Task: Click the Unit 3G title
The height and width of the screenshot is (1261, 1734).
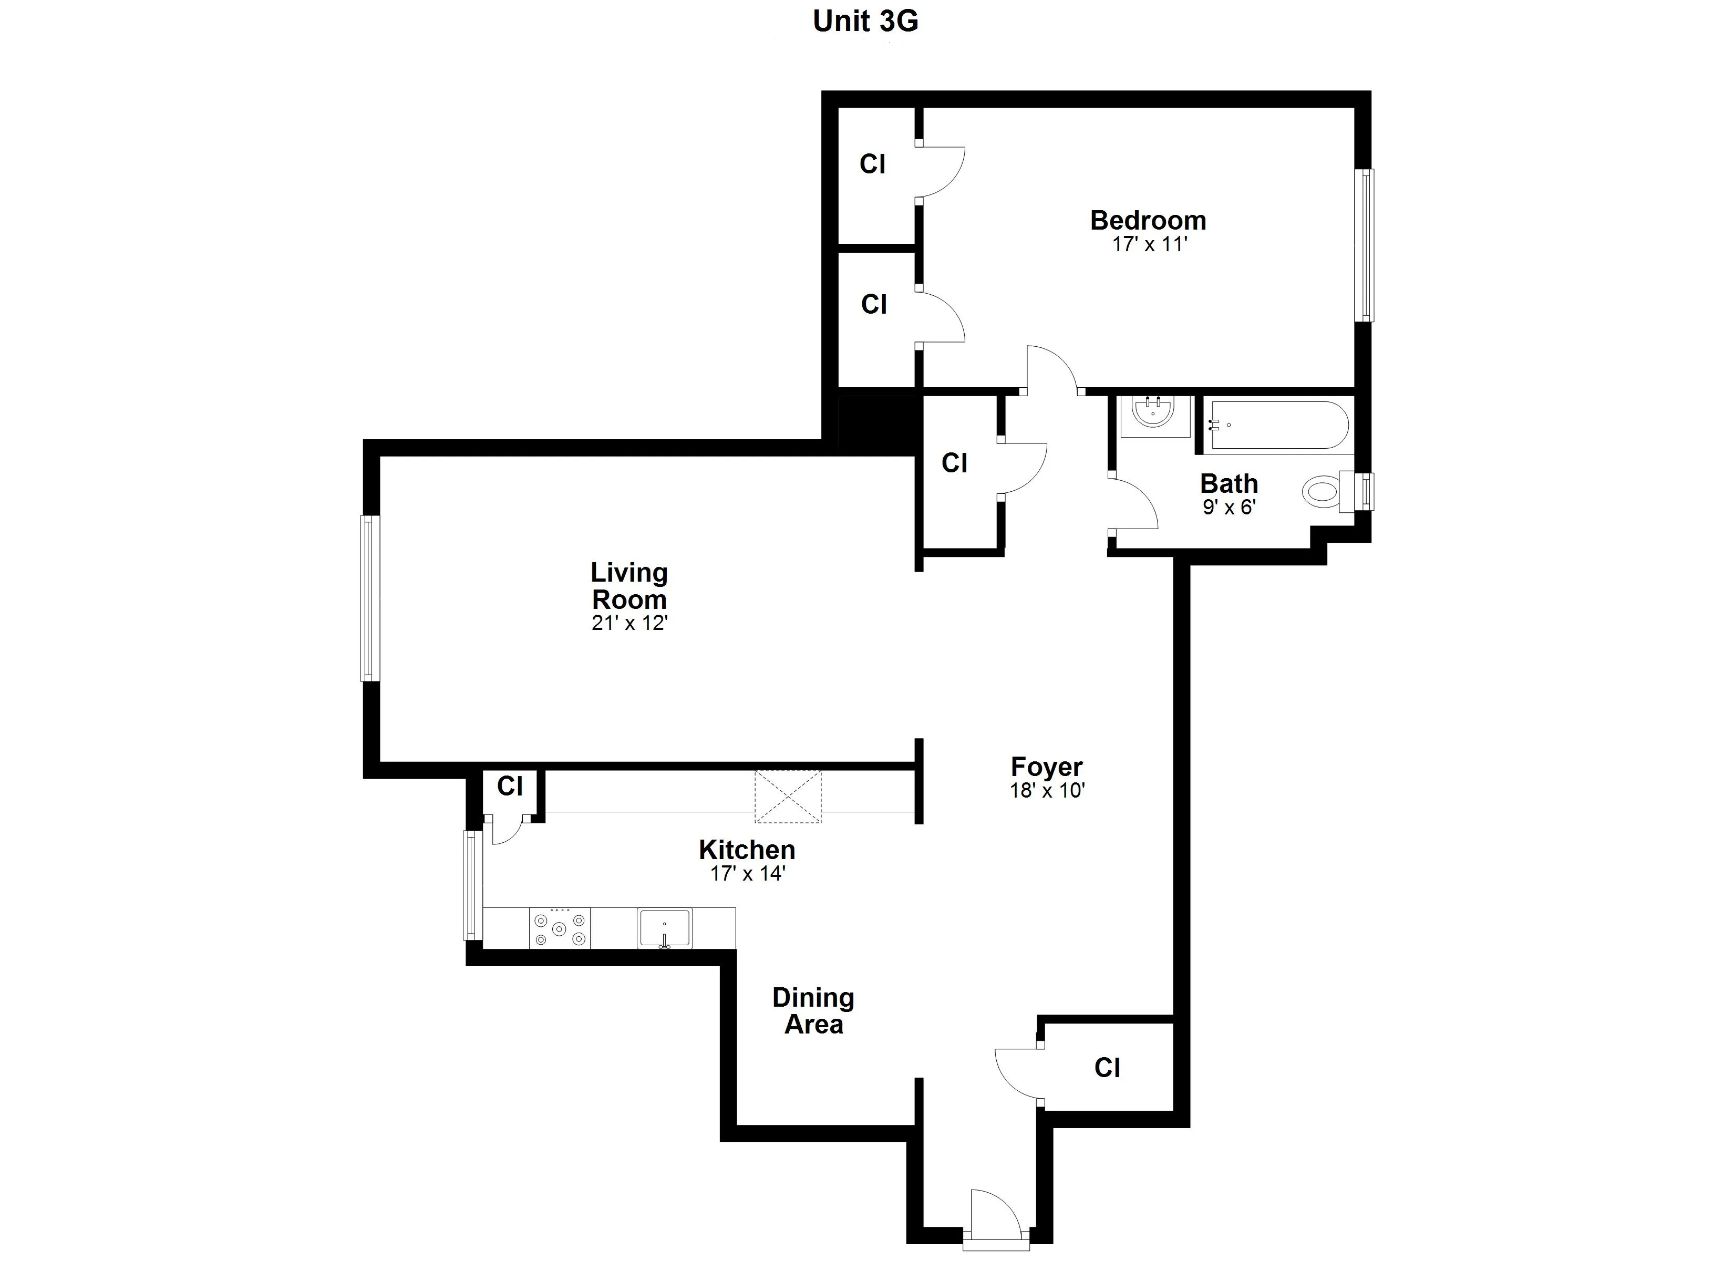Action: [x=865, y=22]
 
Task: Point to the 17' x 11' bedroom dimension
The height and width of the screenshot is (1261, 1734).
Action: [x=1149, y=245]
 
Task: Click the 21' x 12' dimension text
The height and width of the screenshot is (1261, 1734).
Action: [x=629, y=623]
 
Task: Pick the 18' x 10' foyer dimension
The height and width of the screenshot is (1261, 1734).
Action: [x=1047, y=791]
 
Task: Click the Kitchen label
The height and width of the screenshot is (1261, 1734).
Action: [x=747, y=850]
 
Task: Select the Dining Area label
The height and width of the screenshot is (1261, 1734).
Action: [x=813, y=1010]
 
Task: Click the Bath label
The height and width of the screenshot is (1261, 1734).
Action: [x=1229, y=483]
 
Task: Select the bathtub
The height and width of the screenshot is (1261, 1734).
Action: [x=1277, y=425]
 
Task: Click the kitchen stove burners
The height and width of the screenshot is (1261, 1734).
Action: [x=560, y=928]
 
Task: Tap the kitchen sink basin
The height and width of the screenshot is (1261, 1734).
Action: [x=664, y=927]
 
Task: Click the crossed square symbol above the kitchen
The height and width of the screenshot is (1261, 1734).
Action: [x=788, y=797]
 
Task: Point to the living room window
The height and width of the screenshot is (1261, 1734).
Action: [x=370, y=598]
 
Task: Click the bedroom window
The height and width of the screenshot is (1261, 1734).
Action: [x=1364, y=245]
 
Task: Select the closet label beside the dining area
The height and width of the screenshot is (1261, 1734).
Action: [x=1107, y=1068]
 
